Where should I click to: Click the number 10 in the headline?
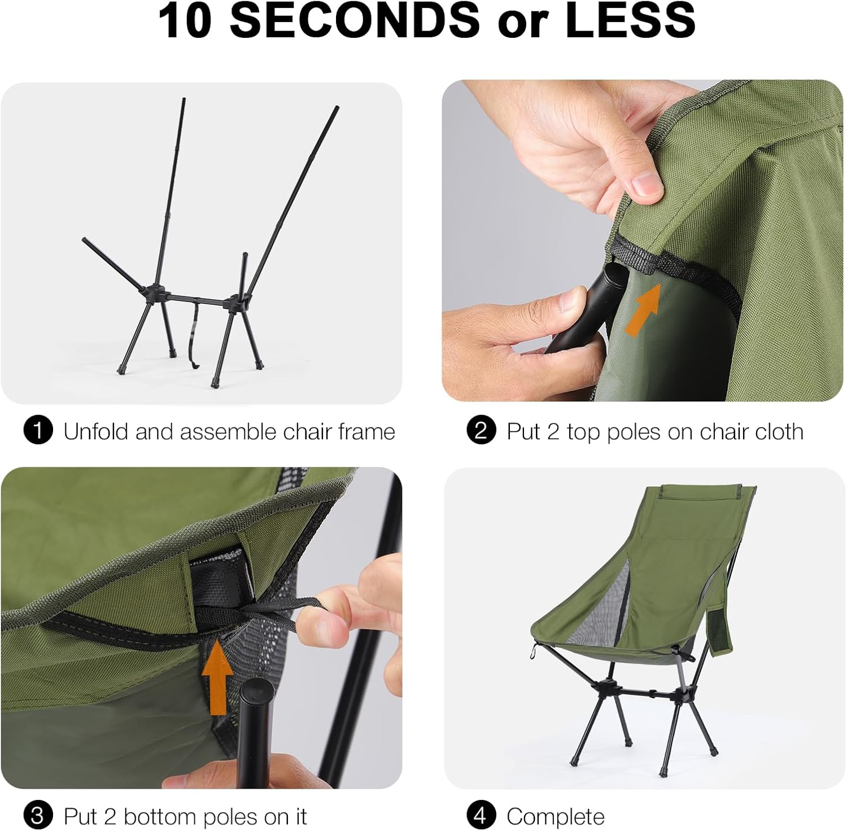click(185, 21)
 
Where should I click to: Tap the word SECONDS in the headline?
click(355, 21)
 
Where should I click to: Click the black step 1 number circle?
click(38, 431)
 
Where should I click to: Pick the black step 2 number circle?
click(481, 431)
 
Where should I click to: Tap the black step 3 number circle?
click(38, 816)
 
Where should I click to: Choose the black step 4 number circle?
click(481, 816)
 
